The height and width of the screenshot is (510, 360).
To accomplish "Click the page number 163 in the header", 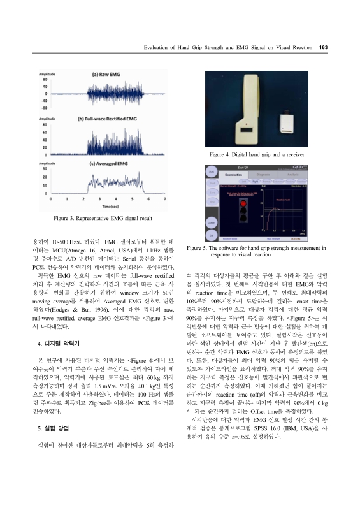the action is coord(323,47).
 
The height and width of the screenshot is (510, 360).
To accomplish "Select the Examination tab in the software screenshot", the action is coord(234,173).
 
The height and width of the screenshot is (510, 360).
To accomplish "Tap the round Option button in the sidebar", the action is coord(211,223).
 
